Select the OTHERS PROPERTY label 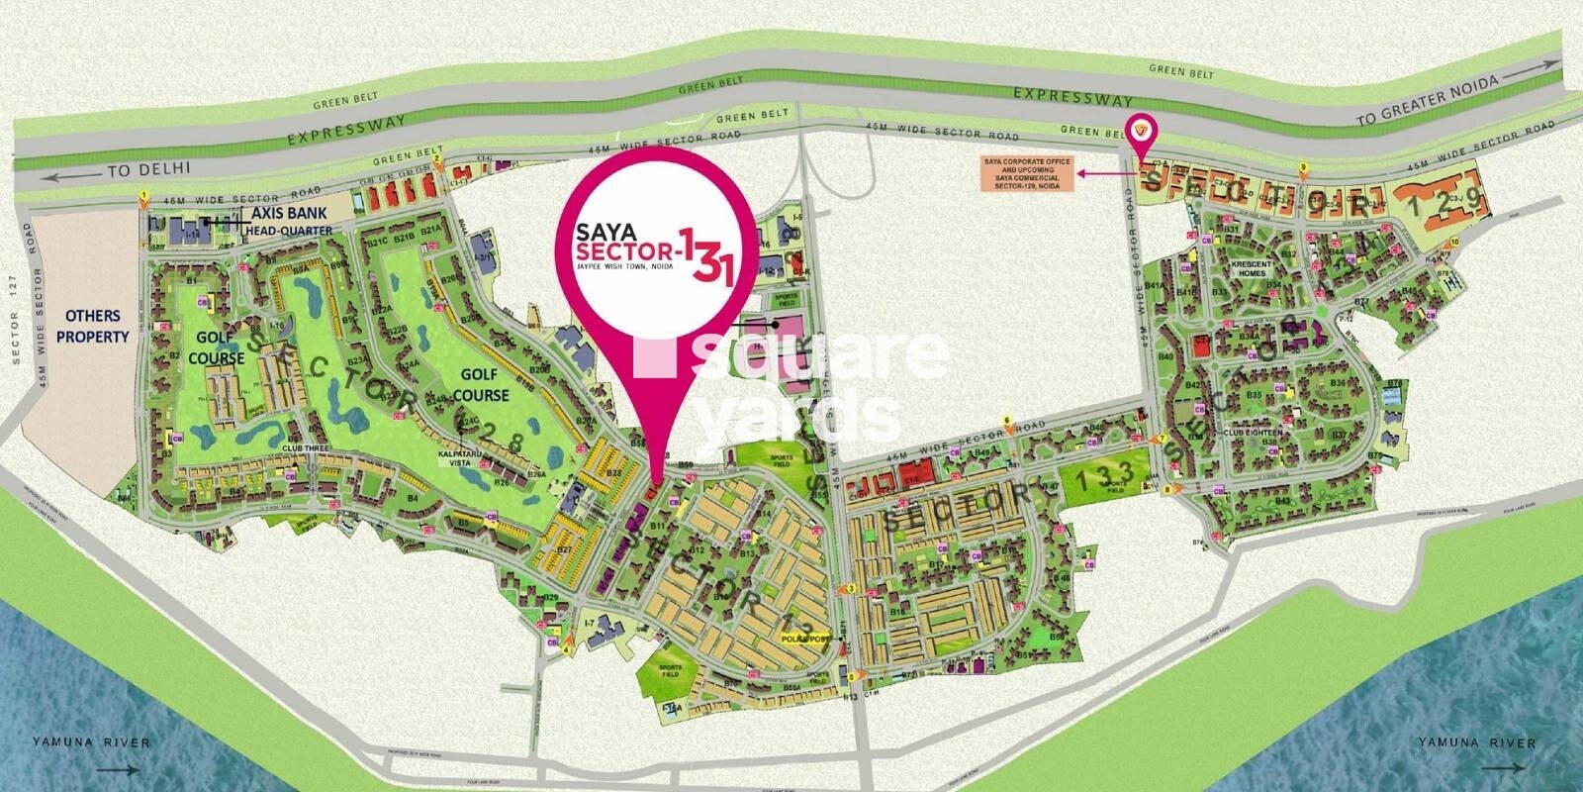tap(93, 326)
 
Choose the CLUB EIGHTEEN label tap(1252, 433)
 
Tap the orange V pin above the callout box tap(1144, 129)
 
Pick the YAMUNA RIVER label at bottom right tap(1477, 742)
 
